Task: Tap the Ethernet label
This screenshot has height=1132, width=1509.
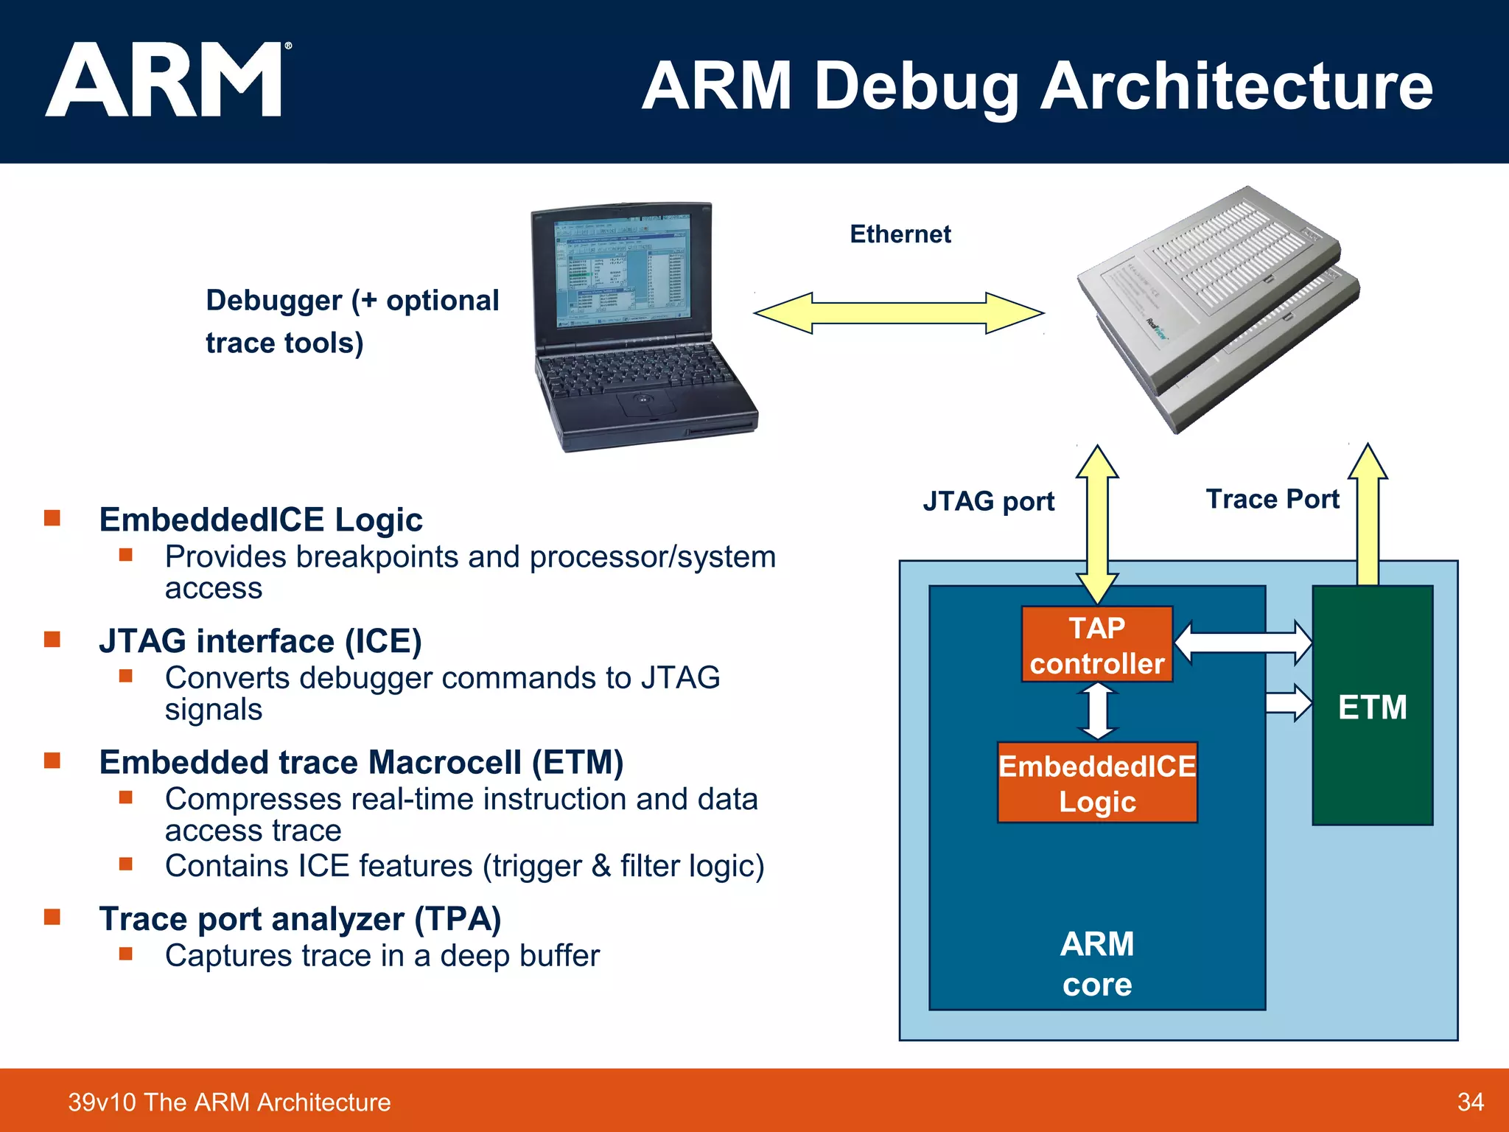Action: [x=900, y=234]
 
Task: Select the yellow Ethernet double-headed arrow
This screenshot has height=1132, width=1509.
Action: [x=898, y=313]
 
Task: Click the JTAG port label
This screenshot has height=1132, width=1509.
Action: [x=988, y=501]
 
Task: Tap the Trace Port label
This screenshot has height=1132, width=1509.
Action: [x=1272, y=499]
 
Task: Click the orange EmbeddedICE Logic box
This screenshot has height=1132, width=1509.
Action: [x=1096, y=783]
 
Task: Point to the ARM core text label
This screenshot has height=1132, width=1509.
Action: [x=1097, y=964]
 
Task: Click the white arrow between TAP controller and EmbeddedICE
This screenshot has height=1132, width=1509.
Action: [x=1098, y=711]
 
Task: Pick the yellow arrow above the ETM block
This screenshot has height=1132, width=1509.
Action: [x=1368, y=516]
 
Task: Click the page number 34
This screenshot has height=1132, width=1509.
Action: [x=1470, y=1102]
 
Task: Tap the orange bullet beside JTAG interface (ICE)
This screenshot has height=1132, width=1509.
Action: [x=52, y=639]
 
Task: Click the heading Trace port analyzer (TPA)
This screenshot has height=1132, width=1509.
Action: [x=300, y=919]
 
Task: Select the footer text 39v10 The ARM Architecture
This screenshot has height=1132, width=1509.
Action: [x=229, y=1102]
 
